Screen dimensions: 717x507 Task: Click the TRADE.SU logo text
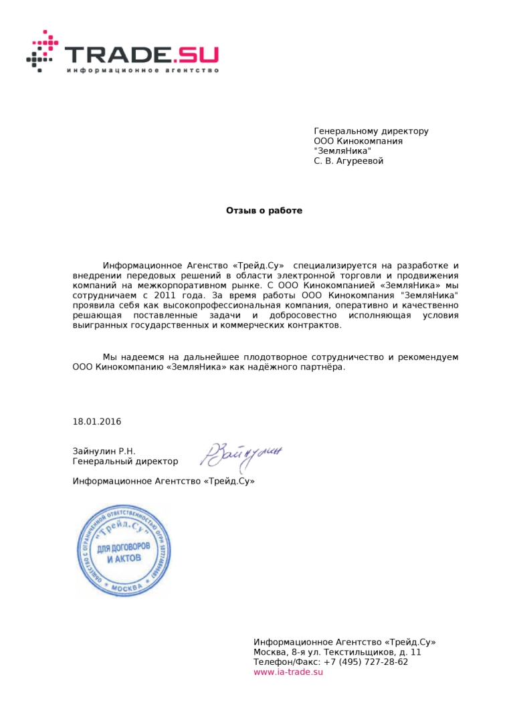point(140,53)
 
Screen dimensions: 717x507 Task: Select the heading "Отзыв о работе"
point(264,211)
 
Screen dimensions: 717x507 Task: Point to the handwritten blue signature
point(241,454)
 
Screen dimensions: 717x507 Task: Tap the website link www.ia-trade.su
point(288,672)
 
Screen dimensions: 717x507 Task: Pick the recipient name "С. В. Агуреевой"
point(348,161)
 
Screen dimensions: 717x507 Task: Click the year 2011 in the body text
point(165,295)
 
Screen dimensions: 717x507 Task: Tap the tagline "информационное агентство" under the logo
point(142,70)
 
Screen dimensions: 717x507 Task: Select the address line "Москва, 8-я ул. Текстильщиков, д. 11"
point(337,652)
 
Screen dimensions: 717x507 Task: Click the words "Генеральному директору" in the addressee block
point(371,131)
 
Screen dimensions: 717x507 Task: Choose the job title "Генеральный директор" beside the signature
point(125,462)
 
